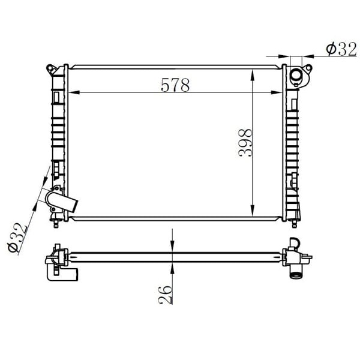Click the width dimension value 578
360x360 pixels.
click(175, 85)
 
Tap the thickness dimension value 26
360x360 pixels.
click(166, 294)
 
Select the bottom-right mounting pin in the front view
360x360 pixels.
click(293, 224)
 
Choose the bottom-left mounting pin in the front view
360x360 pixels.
click(56, 224)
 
